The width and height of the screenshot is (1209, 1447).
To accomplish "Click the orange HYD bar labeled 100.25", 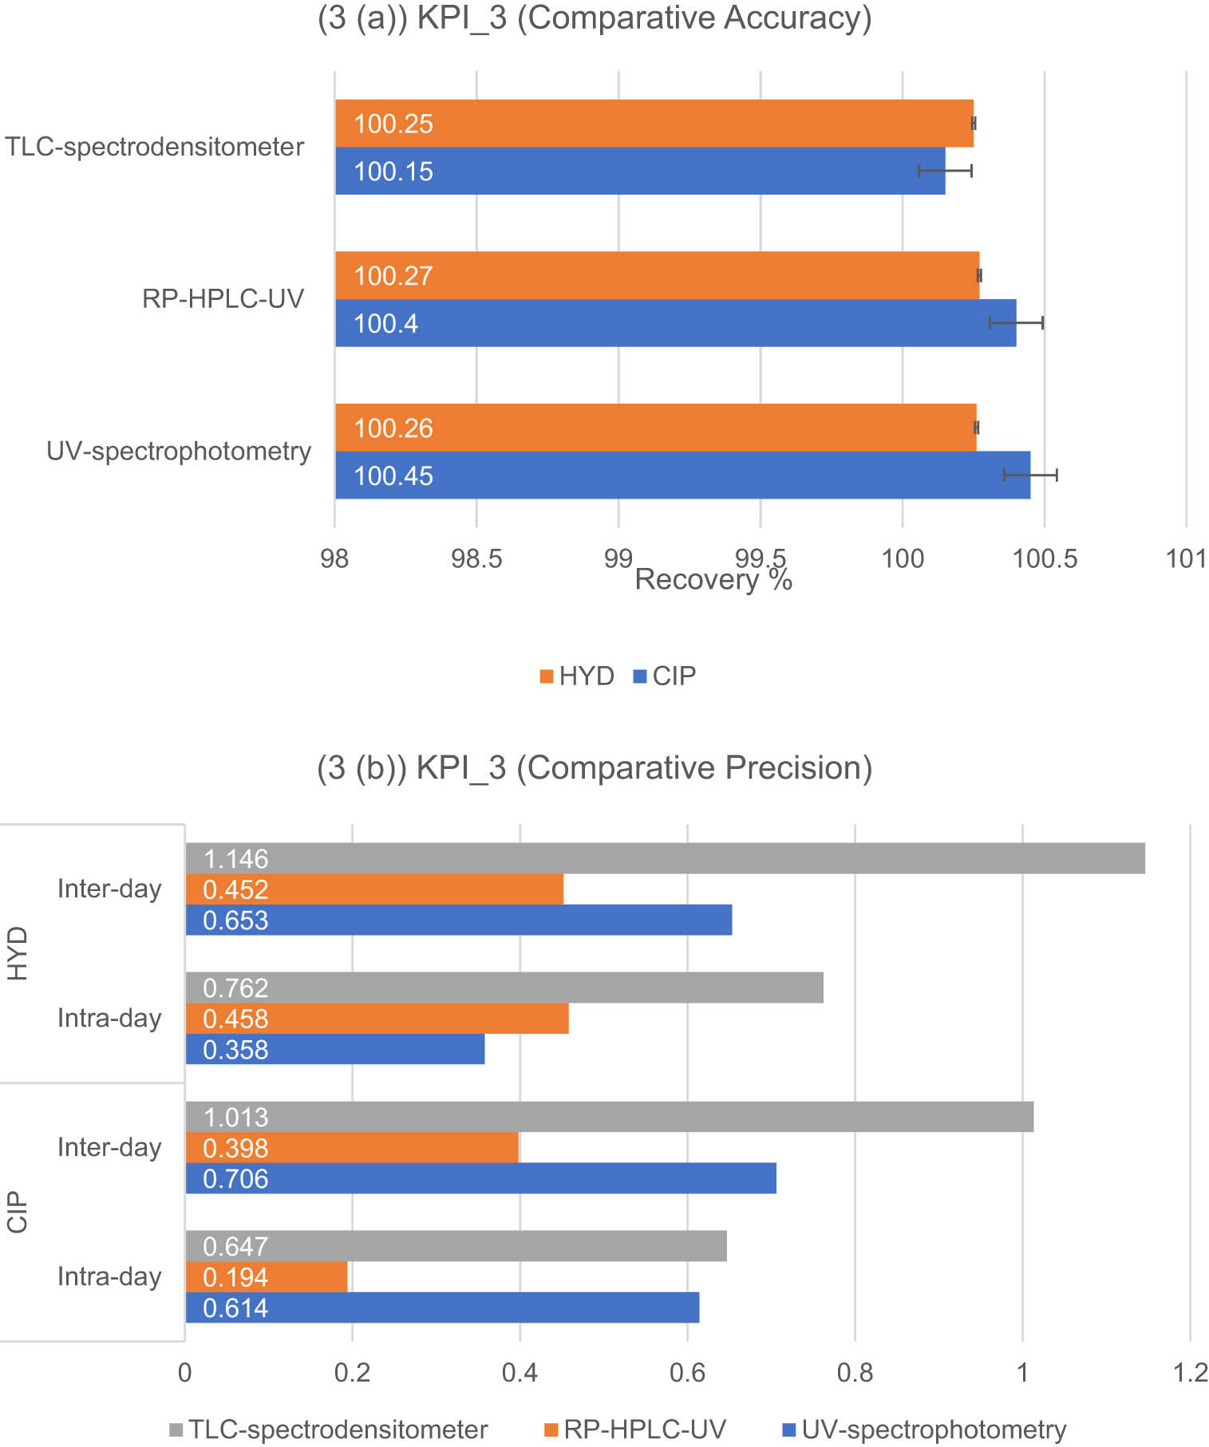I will coord(654,124).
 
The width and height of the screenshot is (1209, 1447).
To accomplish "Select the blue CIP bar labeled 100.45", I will coord(682,475).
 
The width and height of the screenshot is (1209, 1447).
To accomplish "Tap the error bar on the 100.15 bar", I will coord(945,171).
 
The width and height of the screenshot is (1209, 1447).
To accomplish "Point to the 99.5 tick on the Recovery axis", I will coord(761,558).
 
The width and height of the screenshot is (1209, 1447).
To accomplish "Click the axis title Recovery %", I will coord(713,580).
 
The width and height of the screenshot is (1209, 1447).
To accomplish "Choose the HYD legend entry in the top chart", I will coord(577,676).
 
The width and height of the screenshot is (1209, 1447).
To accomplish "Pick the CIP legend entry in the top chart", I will coord(665,676).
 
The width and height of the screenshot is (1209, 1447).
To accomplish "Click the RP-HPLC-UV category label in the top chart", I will coord(223,299).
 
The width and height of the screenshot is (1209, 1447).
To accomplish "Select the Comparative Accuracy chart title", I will coord(595,18).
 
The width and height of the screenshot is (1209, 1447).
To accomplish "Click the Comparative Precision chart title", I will coord(595,767).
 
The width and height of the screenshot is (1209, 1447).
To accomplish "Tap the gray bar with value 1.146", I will coord(665,858).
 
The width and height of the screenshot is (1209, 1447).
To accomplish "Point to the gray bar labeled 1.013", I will coord(609,1117).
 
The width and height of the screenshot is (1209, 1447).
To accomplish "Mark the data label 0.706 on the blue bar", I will coord(235,1179).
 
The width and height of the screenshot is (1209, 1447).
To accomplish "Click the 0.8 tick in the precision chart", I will coord(855,1373).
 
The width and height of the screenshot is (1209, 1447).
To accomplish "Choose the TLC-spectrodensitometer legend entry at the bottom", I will coord(329,1429).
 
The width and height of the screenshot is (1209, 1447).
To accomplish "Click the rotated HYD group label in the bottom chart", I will coord(18,953).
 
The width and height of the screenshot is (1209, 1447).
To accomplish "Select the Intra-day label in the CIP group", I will coord(109,1276).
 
